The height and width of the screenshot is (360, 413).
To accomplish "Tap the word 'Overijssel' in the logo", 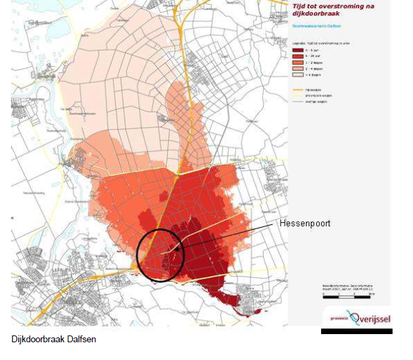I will tap(367, 318).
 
